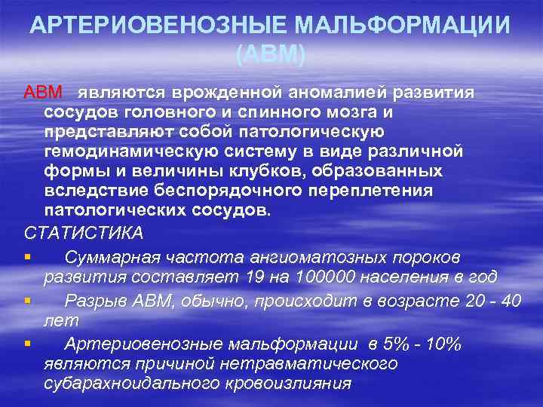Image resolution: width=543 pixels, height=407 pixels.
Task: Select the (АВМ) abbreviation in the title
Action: point(271,55)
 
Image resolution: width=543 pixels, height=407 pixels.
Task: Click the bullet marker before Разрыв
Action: point(28,301)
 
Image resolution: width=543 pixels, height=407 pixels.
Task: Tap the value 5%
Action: point(398,344)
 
